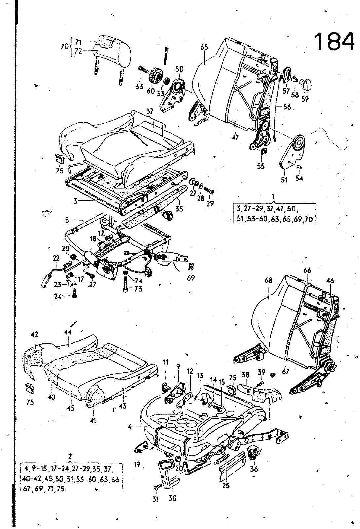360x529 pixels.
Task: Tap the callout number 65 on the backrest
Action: [204, 47]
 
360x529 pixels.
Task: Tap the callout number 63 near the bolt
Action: [139, 86]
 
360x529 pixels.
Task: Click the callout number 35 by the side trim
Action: [179, 209]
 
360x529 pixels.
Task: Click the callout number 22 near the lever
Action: [56, 258]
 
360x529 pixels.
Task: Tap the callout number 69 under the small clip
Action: [191, 278]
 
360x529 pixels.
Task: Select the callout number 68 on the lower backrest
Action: [268, 280]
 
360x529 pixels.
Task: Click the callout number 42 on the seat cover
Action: [35, 334]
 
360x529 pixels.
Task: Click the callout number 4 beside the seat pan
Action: [131, 427]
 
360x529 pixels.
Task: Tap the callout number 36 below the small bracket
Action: [254, 468]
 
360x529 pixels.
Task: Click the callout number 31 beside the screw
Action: [156, 499]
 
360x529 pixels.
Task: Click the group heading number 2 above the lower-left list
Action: [70, 457]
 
